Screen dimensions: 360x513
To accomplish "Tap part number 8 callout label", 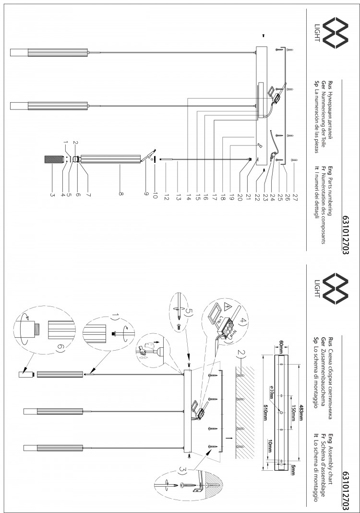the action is tap(120, 194).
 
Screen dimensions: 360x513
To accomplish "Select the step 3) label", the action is tap(183, 470).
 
